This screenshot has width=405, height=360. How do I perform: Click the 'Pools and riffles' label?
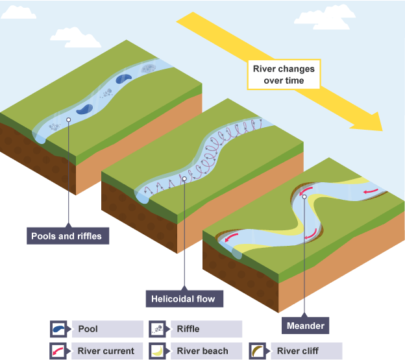coord(67,236)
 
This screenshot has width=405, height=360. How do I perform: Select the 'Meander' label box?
coord(304,324)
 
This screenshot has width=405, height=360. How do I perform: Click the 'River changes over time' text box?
coord(284,75)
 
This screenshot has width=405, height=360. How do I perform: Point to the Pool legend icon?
coord(60,329)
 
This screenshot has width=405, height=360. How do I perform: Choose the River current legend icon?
coord(60,351)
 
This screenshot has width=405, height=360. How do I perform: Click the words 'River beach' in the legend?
coord(202,351)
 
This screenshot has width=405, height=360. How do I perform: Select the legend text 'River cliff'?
coord(299,351)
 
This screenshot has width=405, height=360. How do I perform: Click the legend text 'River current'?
coord(106,351)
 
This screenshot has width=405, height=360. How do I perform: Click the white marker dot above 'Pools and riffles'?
coord(68,119)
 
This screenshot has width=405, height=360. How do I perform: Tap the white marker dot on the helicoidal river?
coord(185,178)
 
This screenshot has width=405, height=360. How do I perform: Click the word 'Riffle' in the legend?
coord(189,329)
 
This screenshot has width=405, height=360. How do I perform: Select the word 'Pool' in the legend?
coord(88,329)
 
